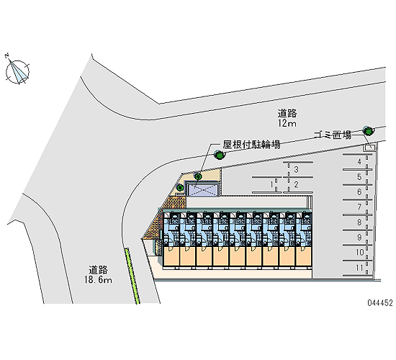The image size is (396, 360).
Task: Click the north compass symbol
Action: pos(17,71)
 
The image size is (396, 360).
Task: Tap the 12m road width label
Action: pos(287,123)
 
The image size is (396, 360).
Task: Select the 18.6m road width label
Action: pos(98,280)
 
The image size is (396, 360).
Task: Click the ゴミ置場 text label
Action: pos(333,135)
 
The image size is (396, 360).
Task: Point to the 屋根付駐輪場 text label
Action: pos(251,145)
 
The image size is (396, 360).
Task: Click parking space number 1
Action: pos(271,184)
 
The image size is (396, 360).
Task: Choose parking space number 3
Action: pos(297,169)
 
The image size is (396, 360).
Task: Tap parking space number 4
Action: pos(359,162)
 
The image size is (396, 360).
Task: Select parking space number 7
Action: pos(359,207)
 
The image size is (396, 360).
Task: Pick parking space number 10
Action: pos(359,252)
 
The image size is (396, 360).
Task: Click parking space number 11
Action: pos(359,268)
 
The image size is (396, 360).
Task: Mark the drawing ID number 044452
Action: pos(380,302)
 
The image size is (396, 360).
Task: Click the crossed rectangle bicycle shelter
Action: pos(203,190)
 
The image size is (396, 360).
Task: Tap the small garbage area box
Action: pos(369,147)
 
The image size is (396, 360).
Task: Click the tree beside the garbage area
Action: pos(369,130)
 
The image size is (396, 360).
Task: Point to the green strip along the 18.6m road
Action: pos(132,276)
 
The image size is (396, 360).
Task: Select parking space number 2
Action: pos(296,184)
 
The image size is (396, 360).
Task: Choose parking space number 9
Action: pos(359,238)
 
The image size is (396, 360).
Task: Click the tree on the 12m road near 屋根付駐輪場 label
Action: pos(219,154)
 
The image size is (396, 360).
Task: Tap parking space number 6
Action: pos(359,192)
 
